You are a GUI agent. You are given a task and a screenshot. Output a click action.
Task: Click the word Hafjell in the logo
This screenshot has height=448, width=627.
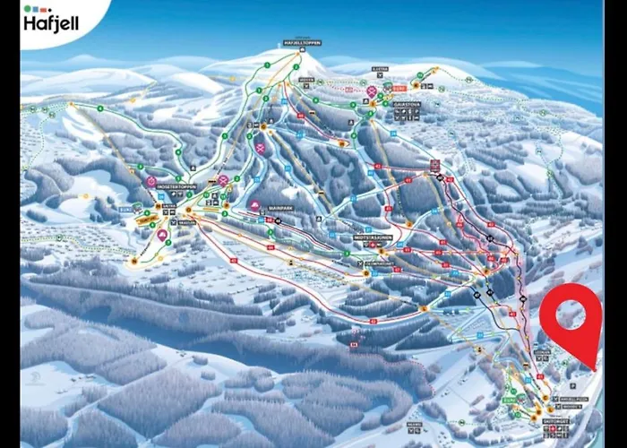coord(49,23)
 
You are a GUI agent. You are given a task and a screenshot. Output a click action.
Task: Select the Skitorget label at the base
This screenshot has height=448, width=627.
coord(554,420)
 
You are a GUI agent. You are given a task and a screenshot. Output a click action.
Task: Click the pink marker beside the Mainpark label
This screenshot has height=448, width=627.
coord(255,206)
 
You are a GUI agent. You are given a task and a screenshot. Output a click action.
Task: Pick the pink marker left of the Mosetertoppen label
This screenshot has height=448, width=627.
coord(151,182)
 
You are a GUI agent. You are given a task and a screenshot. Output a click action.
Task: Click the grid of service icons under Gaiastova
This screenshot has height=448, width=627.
coord(402,116)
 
